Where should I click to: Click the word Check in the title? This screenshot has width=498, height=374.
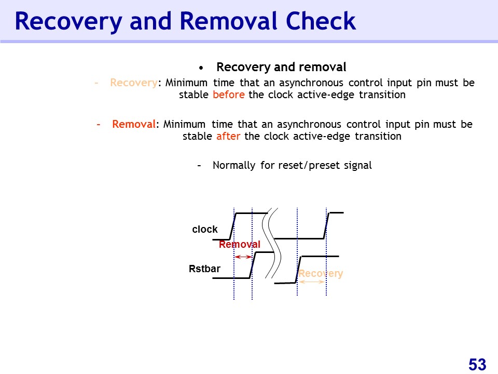[321, 21]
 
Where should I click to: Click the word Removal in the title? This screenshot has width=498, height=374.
[230, 21]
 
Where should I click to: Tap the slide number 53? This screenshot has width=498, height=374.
[477, 364]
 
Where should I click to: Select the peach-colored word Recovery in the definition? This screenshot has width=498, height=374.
[134, 83]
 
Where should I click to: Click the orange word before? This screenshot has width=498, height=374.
[229, 95]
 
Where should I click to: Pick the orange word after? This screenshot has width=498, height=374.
[228, 136]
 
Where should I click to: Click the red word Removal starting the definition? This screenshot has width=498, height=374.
[134, 124]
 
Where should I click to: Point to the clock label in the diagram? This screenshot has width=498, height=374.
[205, 229]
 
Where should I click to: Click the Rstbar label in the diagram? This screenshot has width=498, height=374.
[204, 269]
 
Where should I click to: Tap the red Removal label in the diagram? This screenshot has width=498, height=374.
[240, 244]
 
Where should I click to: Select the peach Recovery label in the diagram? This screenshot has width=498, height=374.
[321, 274]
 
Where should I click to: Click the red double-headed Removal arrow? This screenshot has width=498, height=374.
[243, 257]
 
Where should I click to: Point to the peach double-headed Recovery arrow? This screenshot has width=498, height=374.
[312, 282]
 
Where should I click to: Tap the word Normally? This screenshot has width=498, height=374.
[234, 165]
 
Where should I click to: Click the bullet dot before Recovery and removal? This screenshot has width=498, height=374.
[201, 68]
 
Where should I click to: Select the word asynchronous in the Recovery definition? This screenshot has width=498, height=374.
[311, 83]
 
